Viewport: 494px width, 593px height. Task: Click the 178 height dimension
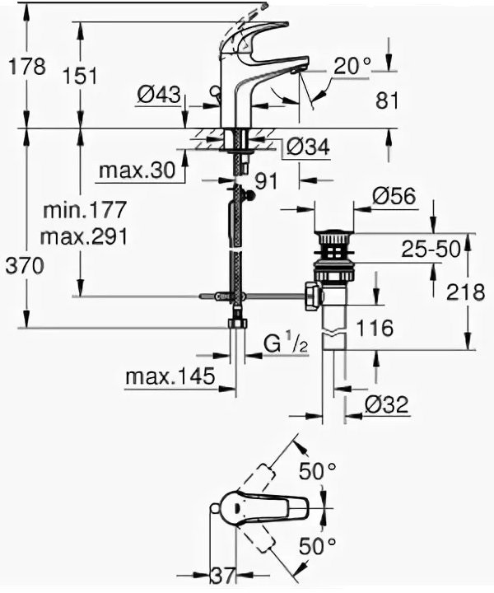coord(27,67)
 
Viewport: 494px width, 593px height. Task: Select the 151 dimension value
coord(81,76)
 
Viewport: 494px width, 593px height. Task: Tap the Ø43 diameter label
coord(158,96)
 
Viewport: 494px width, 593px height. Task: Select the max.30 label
coord(136,170)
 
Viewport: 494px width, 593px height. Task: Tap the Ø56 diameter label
coord(393,197)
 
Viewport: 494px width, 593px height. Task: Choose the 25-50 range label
coord(430,250)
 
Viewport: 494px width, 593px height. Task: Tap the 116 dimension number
coord(375,328)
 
